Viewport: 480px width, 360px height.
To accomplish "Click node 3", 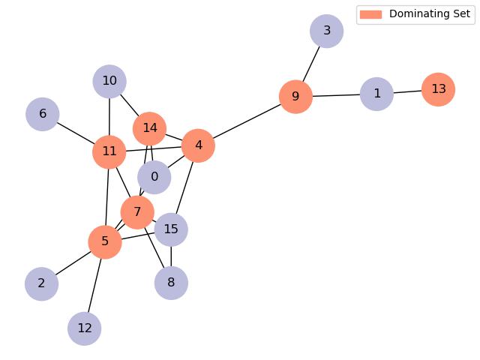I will coord(326,31).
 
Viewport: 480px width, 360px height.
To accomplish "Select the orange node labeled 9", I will coord(295,97).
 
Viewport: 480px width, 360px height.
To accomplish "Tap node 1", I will coord(376,94).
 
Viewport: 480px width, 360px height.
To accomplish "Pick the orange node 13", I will coord(439,89).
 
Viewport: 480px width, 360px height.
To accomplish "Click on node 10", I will coord(109,81).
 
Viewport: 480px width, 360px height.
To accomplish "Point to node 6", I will coord(43,114).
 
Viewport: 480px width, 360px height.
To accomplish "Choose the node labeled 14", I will coord(149,128).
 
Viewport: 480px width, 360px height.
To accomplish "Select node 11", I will coord(109,151).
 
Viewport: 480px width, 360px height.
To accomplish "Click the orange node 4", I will coord(198,145).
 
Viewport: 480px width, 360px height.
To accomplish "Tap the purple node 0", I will coord(154,177).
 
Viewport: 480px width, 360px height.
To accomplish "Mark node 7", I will coord(137,212).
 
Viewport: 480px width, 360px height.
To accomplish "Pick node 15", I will coord(171,229).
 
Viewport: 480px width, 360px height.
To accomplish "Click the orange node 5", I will coord(105,241).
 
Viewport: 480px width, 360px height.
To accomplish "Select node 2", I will coord(41,283).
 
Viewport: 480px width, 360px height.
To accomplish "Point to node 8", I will coord(171,283).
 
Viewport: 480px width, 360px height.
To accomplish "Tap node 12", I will coord(84,328).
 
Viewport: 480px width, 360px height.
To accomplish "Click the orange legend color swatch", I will coord(370,14).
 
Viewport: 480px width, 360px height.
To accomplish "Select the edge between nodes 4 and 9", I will coord(247,121).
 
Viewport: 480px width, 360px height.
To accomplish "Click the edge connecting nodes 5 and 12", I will coord(94,285).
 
